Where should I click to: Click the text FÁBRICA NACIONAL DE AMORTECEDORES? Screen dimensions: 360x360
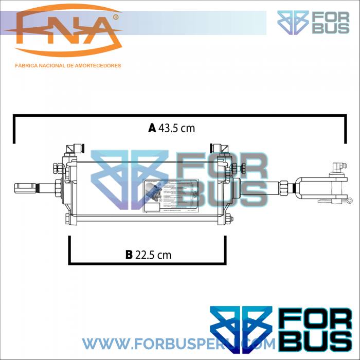[x=68, y=66]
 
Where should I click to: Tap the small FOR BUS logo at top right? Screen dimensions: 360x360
[x=313, y=22]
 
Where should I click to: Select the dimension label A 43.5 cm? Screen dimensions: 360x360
[x=172, y=128]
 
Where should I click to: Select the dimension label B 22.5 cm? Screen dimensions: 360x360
[x=148, y=254]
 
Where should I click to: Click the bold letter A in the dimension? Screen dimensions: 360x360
[x=152, y=128]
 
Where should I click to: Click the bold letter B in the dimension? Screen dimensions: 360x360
[x=129, y=254]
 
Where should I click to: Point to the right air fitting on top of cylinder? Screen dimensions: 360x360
[x=223, y=149]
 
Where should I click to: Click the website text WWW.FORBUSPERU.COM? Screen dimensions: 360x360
[x=170, y=343]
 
